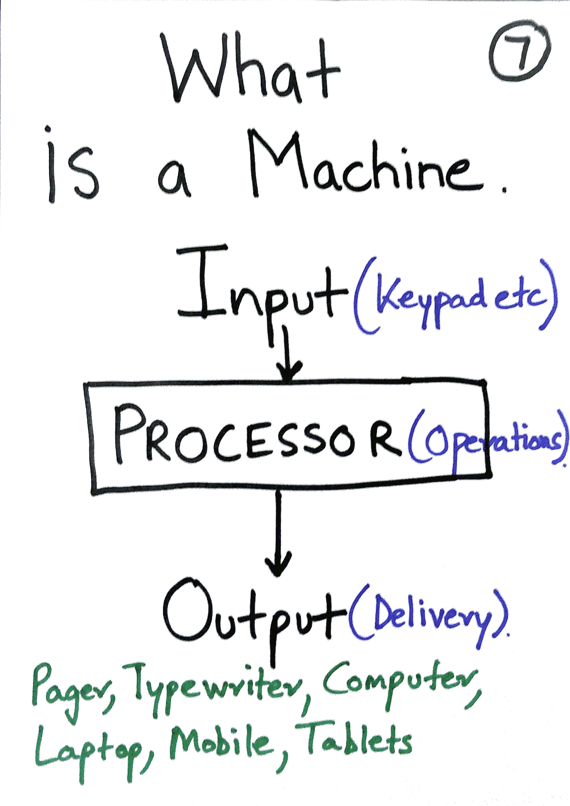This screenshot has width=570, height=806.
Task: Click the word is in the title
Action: (72, 169)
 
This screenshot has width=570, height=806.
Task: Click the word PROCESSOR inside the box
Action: (256, 435)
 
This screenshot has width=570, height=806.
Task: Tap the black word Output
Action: (253, 614)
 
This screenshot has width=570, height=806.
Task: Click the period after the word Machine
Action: (504, 190)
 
